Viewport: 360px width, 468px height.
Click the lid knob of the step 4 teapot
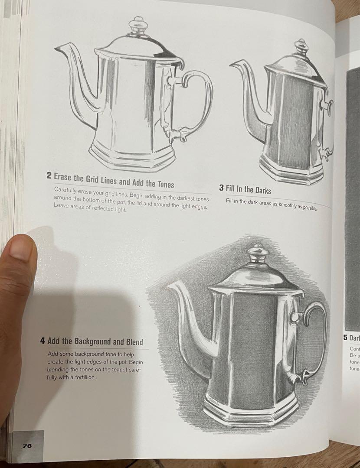258,253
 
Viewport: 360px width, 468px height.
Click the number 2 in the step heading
49,176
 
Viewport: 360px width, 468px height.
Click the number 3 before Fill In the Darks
221,188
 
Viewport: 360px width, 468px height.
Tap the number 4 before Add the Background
43,341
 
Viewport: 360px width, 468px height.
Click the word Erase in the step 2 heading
64,177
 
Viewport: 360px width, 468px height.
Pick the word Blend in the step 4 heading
134,342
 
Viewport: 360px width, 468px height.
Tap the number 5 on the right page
345,338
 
